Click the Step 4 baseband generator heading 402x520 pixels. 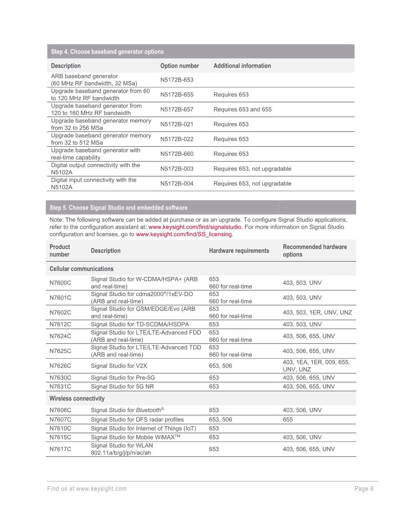[107, 52]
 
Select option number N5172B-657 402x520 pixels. [177, 109]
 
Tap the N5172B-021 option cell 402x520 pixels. [177, 124]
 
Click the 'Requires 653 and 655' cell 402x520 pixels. [242, 109]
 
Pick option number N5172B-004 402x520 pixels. [177, 183]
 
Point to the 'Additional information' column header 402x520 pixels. [242, 66]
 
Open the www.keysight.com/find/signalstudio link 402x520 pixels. [195, 227]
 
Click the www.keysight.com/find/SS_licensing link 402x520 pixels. [184, 234]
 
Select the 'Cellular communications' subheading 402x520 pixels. [81, 269]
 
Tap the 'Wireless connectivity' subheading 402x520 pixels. [77, 398]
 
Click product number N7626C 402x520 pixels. [60, 366]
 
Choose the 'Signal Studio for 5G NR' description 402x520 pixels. [122, 387]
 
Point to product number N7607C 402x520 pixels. [60, 419]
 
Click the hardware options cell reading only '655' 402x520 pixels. [288, 419]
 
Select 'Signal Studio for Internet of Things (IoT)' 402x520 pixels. [143, 428]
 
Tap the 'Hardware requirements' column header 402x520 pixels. [239, 251]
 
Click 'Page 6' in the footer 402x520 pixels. [364, 489]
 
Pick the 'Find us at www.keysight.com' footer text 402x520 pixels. [87, 489]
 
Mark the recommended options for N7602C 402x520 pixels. [317, 312]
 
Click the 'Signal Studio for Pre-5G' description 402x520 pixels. [123, 378]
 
